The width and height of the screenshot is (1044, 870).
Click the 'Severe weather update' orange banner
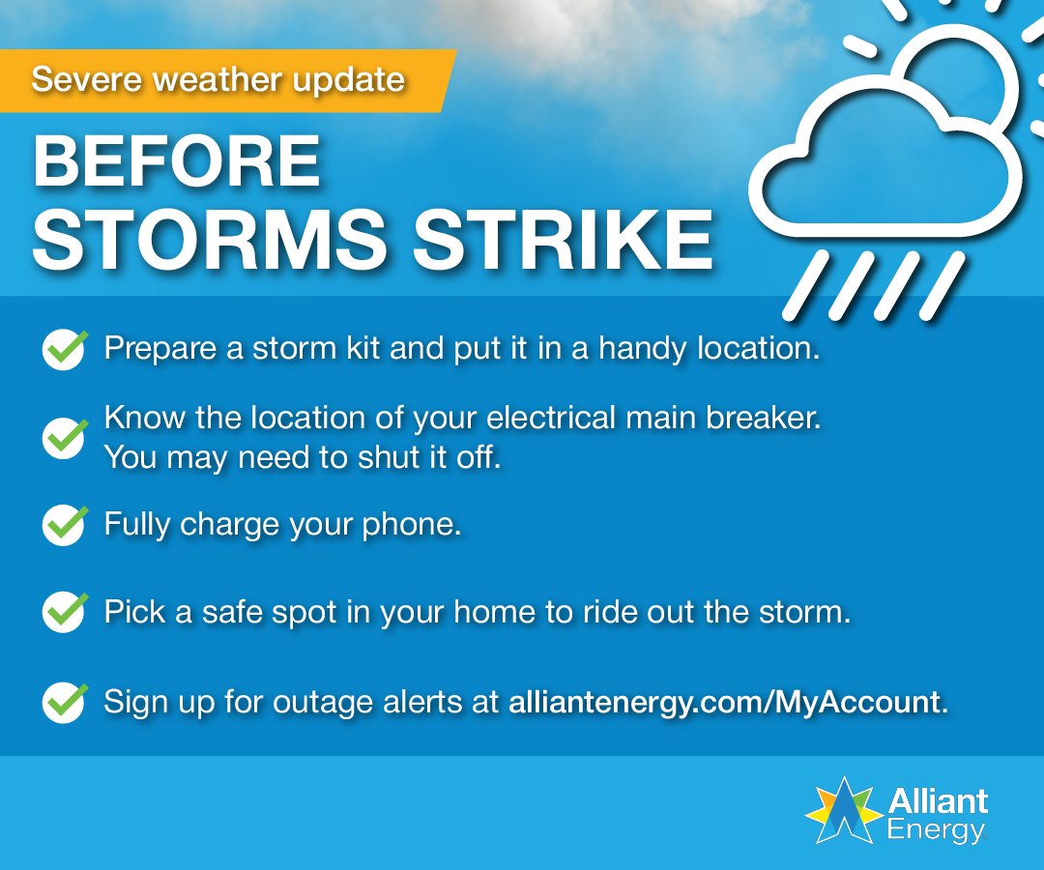(222, 79)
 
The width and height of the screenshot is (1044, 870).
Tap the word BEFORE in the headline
(177, 161)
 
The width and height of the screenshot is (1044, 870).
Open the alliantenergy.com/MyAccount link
(725, 702)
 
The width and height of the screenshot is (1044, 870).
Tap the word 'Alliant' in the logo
(938, 801)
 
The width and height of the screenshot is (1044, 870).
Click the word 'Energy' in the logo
(936, 829)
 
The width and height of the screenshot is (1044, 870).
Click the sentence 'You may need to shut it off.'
(302, 457)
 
